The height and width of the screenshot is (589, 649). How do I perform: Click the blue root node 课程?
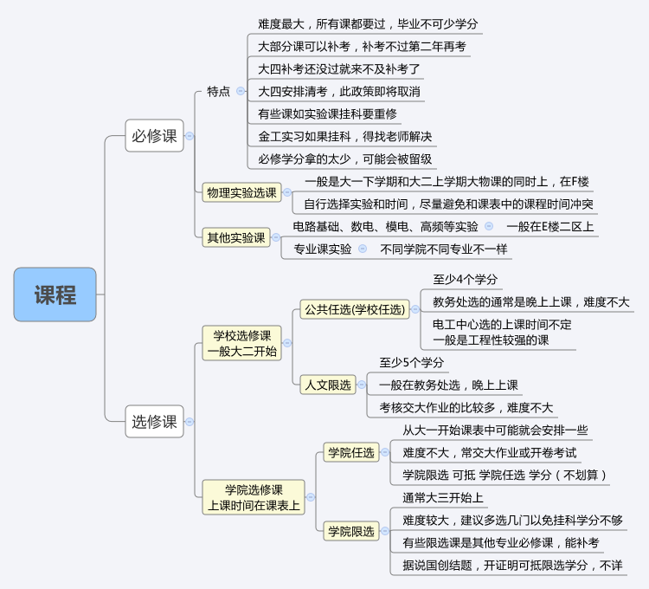(55, 294)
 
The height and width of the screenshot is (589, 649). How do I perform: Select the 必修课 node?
(154, 135)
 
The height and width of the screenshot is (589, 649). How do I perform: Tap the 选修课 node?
(154, 421)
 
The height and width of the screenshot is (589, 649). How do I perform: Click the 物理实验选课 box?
(241, 192)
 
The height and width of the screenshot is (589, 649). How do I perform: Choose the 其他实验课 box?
(235, 236)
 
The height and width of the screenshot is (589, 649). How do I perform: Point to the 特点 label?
(218, 91)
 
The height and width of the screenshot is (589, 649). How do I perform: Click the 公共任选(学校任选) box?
(353, 308)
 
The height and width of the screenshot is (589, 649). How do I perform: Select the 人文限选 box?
(328, 385)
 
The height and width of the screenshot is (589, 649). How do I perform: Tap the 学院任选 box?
(350, 452)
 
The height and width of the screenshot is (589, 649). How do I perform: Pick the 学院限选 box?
(350, 531)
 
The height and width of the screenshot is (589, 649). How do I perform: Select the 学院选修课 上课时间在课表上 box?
(254, 497)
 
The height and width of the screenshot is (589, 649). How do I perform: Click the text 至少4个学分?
(465, 279)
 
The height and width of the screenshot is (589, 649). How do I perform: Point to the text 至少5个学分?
(411, 362)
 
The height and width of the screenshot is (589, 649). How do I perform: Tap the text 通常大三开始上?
(442, 497)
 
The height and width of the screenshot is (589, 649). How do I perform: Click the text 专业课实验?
(323, 249)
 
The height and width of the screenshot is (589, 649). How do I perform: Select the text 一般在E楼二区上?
(550, 226)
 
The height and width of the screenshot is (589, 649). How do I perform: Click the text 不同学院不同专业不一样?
(444, 249)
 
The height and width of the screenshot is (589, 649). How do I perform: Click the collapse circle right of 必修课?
(190, 135)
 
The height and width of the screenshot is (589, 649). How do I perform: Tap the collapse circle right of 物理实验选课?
(287, 192)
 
